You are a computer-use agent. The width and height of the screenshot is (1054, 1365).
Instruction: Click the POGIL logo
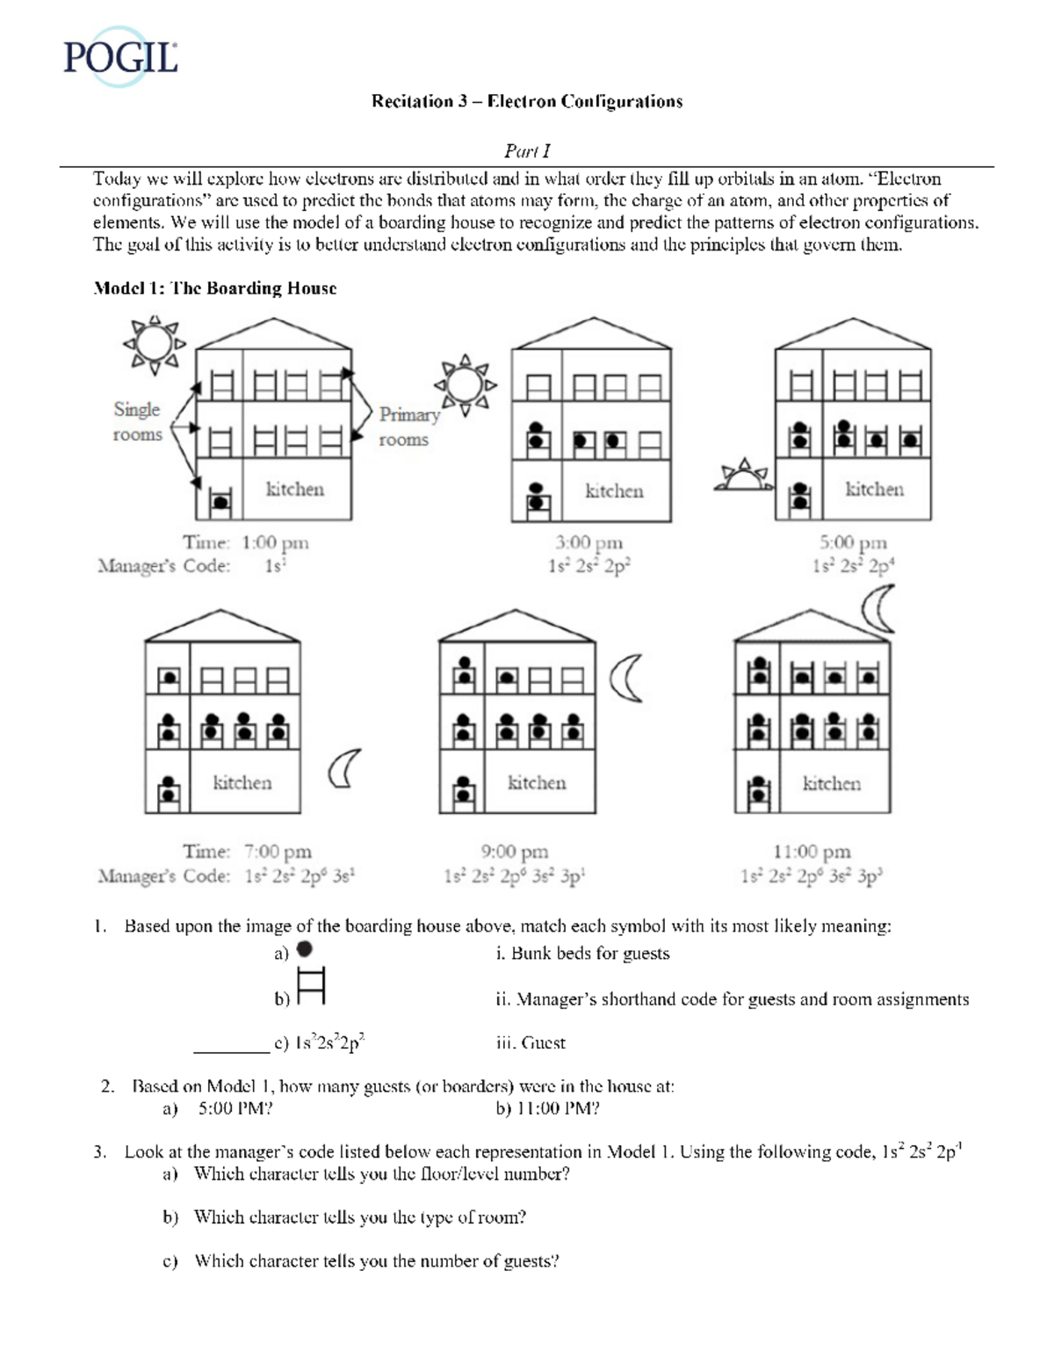click(121, 57)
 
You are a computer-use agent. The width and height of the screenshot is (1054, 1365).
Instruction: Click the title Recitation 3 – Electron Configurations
click(527, 101)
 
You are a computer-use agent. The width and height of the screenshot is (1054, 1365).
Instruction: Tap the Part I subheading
click(527, 151)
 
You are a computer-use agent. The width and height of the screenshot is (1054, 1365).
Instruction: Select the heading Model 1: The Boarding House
click(215, 288)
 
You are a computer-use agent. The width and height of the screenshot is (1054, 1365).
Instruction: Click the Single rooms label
click(137, 422)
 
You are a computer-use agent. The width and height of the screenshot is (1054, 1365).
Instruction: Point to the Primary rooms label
click(408, 426)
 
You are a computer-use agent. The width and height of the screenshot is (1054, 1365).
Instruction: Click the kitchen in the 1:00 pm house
click(295, 490)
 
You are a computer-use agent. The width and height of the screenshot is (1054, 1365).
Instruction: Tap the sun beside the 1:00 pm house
click(155, 345)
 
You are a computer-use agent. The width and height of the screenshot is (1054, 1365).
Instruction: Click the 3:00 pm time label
click(588, 543)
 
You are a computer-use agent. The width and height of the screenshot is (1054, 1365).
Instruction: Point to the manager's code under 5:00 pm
click(853, 566)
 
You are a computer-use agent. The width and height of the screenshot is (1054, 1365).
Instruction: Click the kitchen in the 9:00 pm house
click(537, 782)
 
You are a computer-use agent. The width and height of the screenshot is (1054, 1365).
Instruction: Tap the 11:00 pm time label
click(812, 852)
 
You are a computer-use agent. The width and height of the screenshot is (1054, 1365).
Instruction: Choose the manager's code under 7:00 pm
click(300, 875)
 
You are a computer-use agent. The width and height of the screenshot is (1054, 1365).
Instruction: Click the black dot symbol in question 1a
click(305, 949)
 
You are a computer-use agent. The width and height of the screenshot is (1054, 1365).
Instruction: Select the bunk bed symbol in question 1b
click(311, 985)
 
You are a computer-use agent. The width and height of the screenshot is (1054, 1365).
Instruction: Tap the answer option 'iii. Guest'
click(531, 1043)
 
